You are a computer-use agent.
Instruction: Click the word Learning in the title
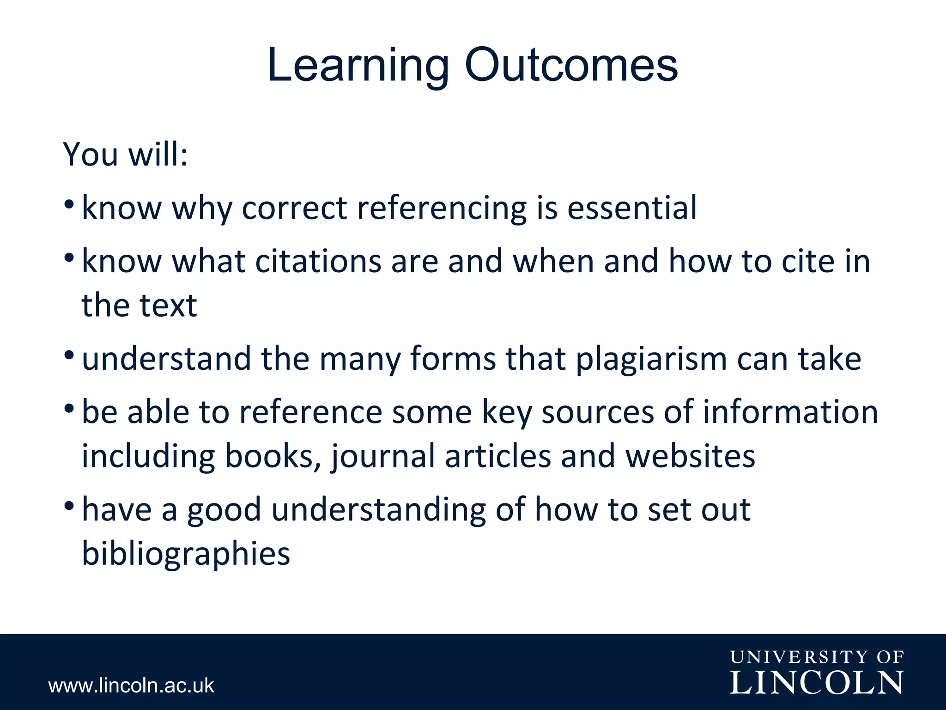pyautogui.click(x=358, y=66)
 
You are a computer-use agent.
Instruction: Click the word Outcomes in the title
pyautogui.click(x=571, y=66)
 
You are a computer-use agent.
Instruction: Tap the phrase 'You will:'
pyautogui.click(x=126, y=154)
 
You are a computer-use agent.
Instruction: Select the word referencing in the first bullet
pyautogui.click(x=442, y=208)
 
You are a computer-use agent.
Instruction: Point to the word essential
pyautogui.click(x=632, y=208)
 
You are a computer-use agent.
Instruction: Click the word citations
pyautogui.click(x=318, y=262)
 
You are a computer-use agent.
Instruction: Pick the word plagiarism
pyautogui.click(x=651, y=359)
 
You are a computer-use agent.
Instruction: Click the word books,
pyautogui.click(x=273, y=456)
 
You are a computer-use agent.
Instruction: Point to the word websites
pyautogui.click(x=690, y=456)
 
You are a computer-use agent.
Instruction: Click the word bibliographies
pyautogui.click(x=186, y=553)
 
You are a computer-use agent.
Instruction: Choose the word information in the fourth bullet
pyautogui.click(x=790, y=412)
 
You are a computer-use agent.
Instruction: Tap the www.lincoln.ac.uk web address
pyautogui.click(x=131, y=686)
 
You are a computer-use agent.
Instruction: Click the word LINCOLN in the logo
pyautogui.click(x=817, y=683)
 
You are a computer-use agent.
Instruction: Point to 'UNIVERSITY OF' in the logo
pyautogui.click(x=817, y=657)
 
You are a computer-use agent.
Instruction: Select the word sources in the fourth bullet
pyautogui.click(x=598, y=412)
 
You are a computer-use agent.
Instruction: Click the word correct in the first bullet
pyautogui.click(x=294, y=208)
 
